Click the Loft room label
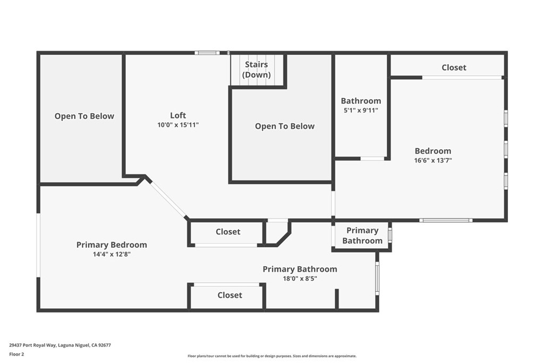(178, 115)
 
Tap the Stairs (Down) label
(257, 70)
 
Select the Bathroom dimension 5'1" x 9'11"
(361, 111)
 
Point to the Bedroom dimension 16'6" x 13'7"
(433, 161)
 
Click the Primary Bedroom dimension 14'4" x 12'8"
(112, 254)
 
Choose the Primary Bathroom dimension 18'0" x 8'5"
(300, 278)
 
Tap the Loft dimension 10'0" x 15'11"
(178, 125)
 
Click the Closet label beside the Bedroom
(454, 67)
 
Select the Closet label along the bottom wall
(229, 295)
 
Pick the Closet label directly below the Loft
(228, 232)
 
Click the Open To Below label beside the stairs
(285, 126)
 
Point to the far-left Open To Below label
(84, 116)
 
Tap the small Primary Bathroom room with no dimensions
(362, 235)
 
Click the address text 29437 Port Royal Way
(32, 345)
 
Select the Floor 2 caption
(16, 354)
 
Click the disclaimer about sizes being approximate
(272, 356)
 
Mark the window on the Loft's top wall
(207, 53)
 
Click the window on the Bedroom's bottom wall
(446, 220)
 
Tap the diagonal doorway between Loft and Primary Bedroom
(168, 199)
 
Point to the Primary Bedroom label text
(112, 244)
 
